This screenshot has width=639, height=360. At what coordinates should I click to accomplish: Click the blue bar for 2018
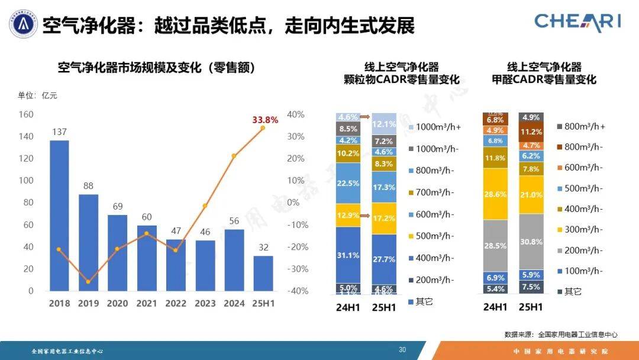59,216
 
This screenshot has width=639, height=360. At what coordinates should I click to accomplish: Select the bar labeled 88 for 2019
88,243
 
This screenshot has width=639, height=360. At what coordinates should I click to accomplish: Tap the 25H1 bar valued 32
263,273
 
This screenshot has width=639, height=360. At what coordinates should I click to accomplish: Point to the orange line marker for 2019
88,281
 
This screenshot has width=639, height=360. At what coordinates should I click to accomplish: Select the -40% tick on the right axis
295,291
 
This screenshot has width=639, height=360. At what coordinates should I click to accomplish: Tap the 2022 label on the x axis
175,303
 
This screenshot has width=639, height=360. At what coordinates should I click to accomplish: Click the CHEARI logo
577,22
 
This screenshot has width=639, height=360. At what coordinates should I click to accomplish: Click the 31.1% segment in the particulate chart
348,255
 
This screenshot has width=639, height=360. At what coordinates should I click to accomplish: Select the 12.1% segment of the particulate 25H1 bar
383,124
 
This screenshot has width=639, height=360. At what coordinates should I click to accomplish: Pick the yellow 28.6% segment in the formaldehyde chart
495,194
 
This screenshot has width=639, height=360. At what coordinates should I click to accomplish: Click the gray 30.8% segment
531,242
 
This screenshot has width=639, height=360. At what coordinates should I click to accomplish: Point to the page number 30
402,350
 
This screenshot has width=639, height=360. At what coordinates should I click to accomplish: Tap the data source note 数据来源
560,335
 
